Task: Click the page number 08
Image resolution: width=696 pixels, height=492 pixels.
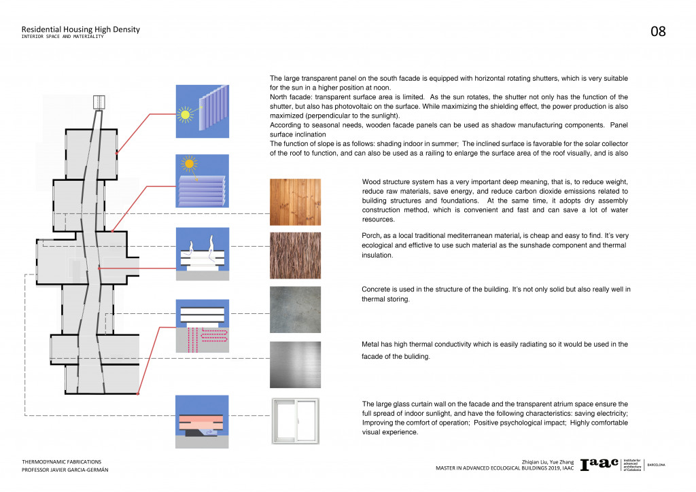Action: tap(658, 31)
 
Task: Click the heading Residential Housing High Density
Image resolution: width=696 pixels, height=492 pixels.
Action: tap(80, 29)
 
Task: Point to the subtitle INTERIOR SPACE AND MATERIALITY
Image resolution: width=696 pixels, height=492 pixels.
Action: tap(63, 37)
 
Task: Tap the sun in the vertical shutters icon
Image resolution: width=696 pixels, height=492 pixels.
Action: tap(185, 114)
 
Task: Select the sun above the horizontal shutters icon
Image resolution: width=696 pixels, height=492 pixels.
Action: tap(189, 164)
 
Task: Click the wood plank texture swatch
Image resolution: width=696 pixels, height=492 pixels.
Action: tap(295, 202)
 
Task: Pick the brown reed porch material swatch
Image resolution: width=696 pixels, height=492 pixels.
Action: tap(295, 256)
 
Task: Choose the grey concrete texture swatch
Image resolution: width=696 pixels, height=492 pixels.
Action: tap(295, 309)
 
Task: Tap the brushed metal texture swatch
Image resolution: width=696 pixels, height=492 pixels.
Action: tap(295, 364)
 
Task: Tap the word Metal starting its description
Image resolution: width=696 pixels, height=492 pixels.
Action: tap(372, 345)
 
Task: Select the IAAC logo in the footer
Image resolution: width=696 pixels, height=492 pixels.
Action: tap(599, 463)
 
